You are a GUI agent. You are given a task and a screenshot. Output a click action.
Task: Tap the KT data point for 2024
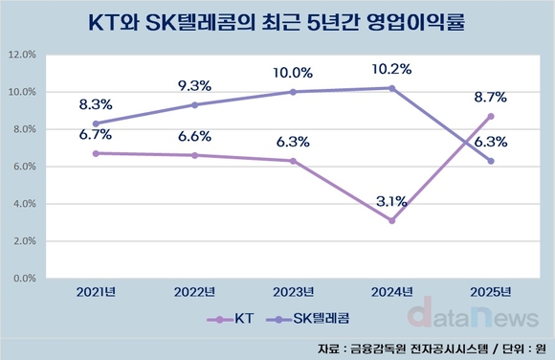click(392, 220)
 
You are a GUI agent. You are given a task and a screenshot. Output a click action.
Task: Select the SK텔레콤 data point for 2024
click(392, 88)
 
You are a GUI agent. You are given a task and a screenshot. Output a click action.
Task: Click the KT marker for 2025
click(491, 116)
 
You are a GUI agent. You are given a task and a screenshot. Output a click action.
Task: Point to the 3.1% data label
click(392, 201)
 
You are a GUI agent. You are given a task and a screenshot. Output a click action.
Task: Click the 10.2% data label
click(392, 68)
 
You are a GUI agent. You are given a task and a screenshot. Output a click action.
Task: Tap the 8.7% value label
click(491, 97)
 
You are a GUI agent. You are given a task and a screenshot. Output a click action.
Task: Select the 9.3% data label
click(195, 85)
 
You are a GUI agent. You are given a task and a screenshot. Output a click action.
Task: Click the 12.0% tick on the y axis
click(23, 56)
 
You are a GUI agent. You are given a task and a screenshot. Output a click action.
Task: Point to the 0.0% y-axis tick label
click(23, 279)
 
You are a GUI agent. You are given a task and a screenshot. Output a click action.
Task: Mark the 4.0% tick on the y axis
click(23, 204)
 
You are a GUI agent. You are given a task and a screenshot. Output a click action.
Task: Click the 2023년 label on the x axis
click(294, 292)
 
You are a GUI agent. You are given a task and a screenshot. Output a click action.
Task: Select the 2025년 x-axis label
click(491, 292)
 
